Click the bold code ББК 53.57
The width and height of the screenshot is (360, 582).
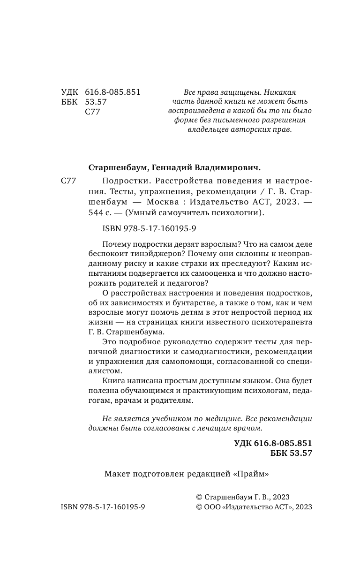(x=291, y=453)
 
